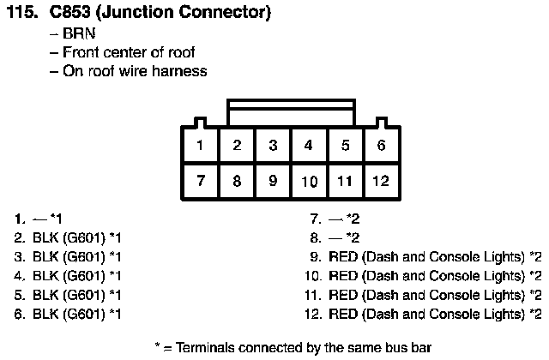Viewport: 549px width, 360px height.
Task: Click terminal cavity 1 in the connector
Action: click(x=200, y=145)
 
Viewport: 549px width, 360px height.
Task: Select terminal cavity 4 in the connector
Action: click(x=309, y=145)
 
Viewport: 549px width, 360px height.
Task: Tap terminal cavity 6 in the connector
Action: click(x=381, y=145)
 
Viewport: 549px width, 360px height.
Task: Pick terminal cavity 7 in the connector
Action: click(x=200, y=181)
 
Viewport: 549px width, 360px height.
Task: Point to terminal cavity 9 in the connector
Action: click(x=273, y=181)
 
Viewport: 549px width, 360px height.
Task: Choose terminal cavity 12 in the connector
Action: click(x=381, y=181)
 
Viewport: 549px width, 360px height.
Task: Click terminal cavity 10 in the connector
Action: click(x=309, y=181)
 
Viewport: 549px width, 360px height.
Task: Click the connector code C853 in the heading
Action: click(x=69, y=12)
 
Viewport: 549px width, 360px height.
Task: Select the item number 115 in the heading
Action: click(x=22, y=12)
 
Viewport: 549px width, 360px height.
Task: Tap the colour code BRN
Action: click(x=79, y=33)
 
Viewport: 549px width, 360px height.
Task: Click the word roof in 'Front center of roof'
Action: click(x=181, y=52)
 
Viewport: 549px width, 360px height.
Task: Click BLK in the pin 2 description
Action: click(x=45, y=238)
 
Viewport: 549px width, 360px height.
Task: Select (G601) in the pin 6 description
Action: click(x=84, y=315)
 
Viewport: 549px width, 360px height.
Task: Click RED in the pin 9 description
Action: click(x=343, y=257)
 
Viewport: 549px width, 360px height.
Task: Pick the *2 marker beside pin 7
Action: click(x=353, y=219)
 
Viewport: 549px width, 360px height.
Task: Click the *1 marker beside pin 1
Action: click(x=57, y=219)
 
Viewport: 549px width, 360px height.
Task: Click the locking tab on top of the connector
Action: click(x=291, y=112)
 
